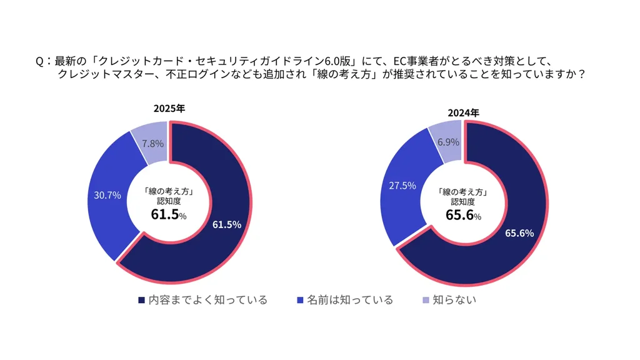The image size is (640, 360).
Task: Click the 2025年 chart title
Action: click(169, 109)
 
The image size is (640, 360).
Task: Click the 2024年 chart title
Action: click(463, 113)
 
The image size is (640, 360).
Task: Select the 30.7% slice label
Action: click(107, 195)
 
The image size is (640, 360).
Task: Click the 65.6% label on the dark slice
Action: click(519, 233)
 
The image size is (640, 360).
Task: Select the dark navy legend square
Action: click(141, 301)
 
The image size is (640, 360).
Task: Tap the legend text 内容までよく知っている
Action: click(207, 300)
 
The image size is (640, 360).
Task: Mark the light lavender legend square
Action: click(426, 301)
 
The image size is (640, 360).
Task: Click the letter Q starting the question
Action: click(39, 61)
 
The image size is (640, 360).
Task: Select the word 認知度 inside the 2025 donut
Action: click(169, 201)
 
